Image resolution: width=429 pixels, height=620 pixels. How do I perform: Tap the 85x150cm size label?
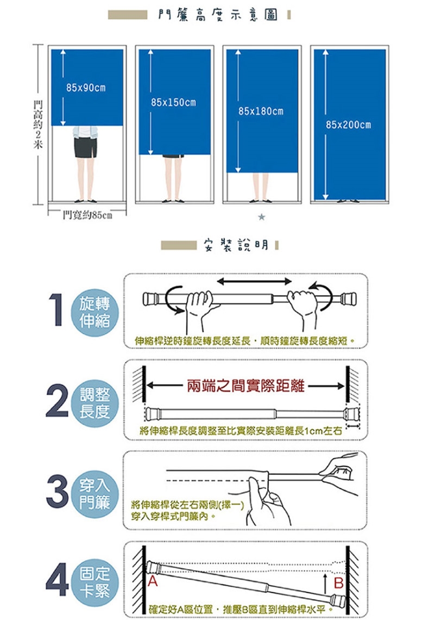pos(174,102)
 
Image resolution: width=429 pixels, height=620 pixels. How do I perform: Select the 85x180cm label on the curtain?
pos(261,111)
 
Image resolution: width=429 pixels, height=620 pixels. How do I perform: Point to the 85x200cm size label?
pos(349,125)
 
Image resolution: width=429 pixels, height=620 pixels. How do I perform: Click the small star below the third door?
pos(261,217)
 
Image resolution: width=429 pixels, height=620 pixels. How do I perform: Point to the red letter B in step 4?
pos(338,584)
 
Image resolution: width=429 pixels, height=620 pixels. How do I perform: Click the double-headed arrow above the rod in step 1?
pos(254,281)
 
